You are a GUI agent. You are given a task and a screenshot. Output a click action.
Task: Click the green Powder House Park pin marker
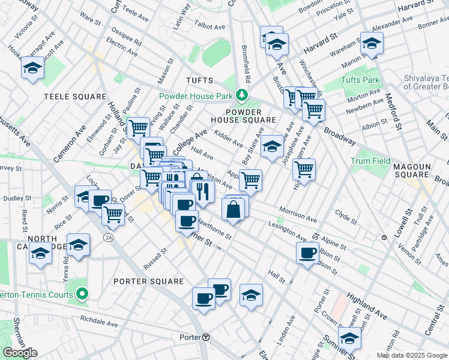[x=241, y=95]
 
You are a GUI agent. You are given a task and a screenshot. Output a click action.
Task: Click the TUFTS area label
[x=200, y=80]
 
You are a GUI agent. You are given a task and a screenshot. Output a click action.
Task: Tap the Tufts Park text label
[x=360, y=80]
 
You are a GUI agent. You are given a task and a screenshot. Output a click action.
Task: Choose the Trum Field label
[x=370, y=161]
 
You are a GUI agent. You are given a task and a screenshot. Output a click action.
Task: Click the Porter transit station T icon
[x=206, y=337]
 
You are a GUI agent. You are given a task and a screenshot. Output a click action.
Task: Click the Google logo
[x=20, y=353]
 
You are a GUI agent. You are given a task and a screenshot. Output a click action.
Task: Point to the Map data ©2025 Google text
[x=412, y=355]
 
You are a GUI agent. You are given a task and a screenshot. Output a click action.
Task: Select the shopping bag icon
[x=233, y=209]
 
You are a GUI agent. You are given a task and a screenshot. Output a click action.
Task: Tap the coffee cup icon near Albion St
[x=307, y=253]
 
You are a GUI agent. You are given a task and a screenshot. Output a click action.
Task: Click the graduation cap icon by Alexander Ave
[x=372, y=43]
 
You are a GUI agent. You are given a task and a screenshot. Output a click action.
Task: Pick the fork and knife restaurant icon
[x=203, y=191]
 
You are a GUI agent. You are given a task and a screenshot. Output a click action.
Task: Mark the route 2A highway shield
[x=108, y=238]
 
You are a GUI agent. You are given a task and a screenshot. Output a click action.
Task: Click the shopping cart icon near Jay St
[x=139, y=127]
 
